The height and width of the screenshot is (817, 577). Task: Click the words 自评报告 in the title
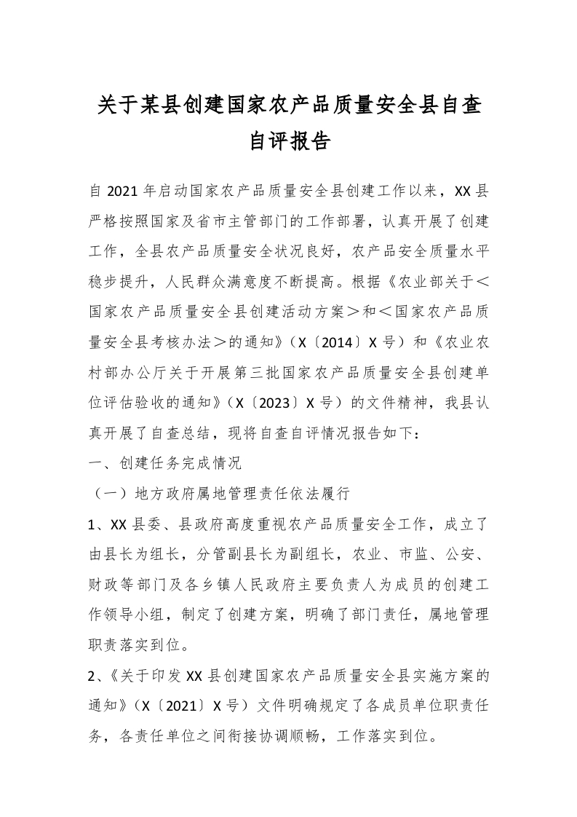click(290, 141)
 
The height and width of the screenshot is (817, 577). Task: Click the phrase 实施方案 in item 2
click(426, 675)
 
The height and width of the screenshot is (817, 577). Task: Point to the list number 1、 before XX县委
click(98, 524)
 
